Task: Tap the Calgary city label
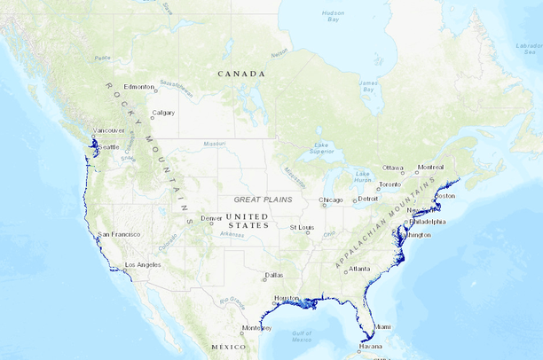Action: pos(163,113)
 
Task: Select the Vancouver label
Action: pos(108,130)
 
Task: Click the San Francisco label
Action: pos(118,234)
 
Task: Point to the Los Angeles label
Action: pos(142,265)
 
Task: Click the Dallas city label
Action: pos(274,275)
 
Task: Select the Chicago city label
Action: pos(331,200)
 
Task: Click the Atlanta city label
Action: pos(359,269)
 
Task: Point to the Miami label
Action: pos(381,327)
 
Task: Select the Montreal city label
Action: pos(431,167)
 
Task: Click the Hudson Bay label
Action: pos(334,16)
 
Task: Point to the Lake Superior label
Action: pos(323,149)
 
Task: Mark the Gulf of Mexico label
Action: pos(302,335)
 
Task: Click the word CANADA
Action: pos(242,74)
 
